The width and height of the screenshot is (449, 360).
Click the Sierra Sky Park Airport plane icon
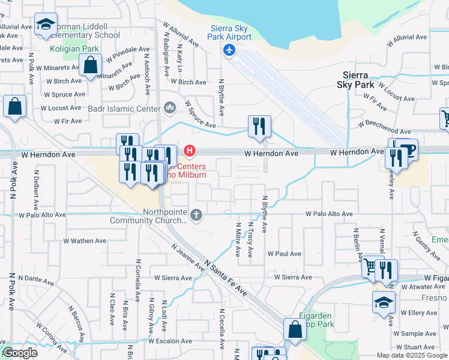[229, 50]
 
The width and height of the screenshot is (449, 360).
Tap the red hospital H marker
[190, 150]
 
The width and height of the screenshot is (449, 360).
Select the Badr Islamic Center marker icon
[170, 109]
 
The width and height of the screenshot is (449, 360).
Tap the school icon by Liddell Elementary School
[46, 24]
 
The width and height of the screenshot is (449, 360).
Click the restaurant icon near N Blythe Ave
[259, 126]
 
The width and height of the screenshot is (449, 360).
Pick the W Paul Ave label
[284, 254]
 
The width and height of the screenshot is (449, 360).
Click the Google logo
[20, 353]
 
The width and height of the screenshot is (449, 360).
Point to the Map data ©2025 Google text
[411, 355]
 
